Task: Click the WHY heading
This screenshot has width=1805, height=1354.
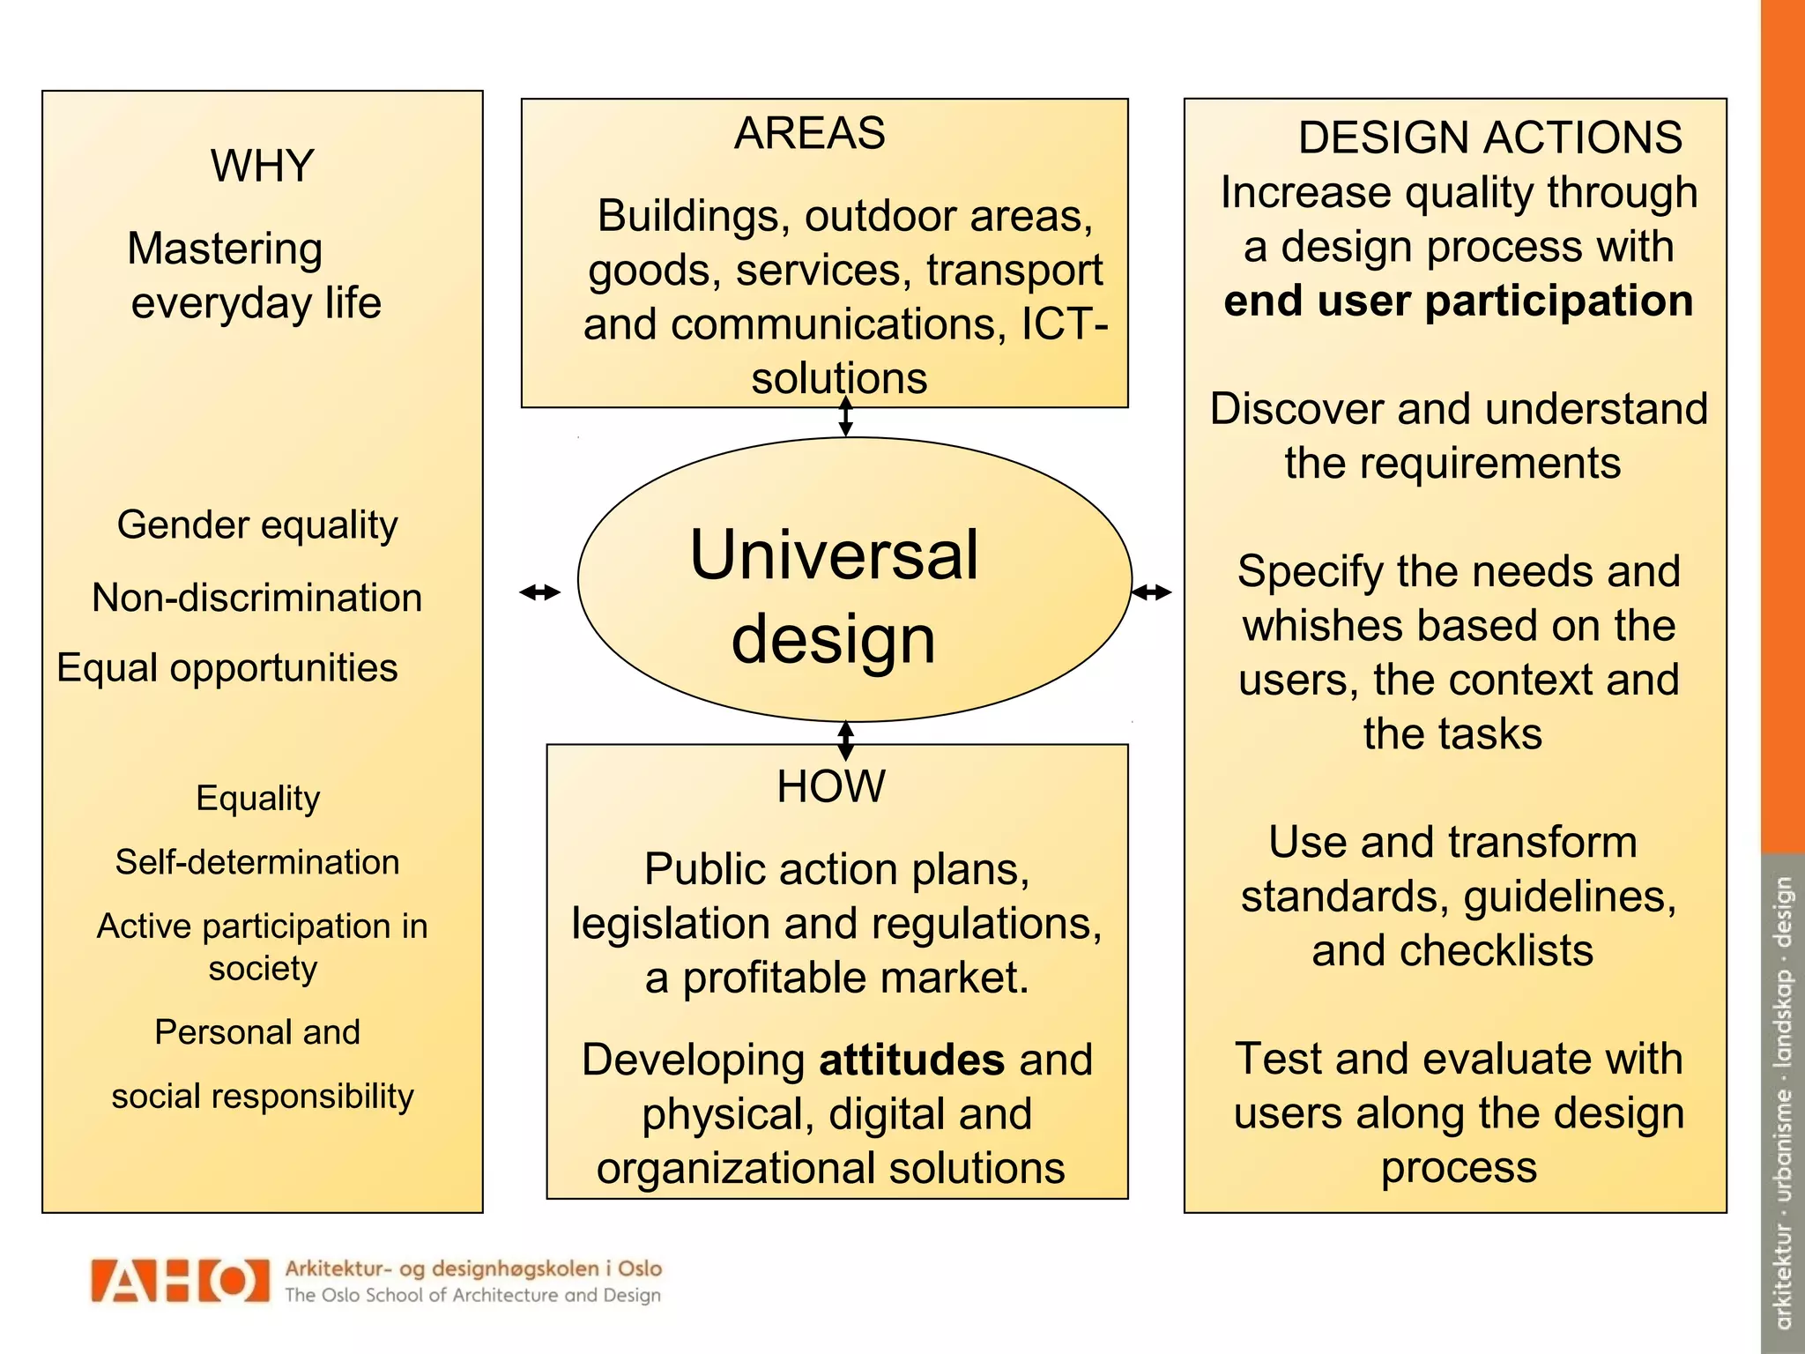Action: click(262, 166)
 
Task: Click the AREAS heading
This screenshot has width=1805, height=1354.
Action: click(809, 134)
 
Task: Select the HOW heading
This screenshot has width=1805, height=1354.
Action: click(830, 786)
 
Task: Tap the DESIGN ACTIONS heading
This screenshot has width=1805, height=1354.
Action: click(1489, 138)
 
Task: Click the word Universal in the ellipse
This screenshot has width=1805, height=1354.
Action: click(834, 555)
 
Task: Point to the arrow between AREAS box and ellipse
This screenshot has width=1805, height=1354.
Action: click(845, 416)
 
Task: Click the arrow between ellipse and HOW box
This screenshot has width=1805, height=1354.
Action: click(845, 740)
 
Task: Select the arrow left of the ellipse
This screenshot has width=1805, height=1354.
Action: click(539, 592)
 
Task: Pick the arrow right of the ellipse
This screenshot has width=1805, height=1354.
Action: click(1151, 592)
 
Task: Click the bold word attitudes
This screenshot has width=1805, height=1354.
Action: click(911, 1060)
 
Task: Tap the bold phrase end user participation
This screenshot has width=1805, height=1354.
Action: click(1459, 301)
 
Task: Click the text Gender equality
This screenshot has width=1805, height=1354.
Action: click(257, 525)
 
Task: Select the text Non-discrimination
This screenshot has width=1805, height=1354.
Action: click(257, 598)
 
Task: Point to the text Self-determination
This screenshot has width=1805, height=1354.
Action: click(257, 862)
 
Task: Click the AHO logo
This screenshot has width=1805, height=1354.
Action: click(180, 1281)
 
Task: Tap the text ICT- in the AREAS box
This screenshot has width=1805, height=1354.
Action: click(1064, 324)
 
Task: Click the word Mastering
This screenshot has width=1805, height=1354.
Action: click(225, 249)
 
